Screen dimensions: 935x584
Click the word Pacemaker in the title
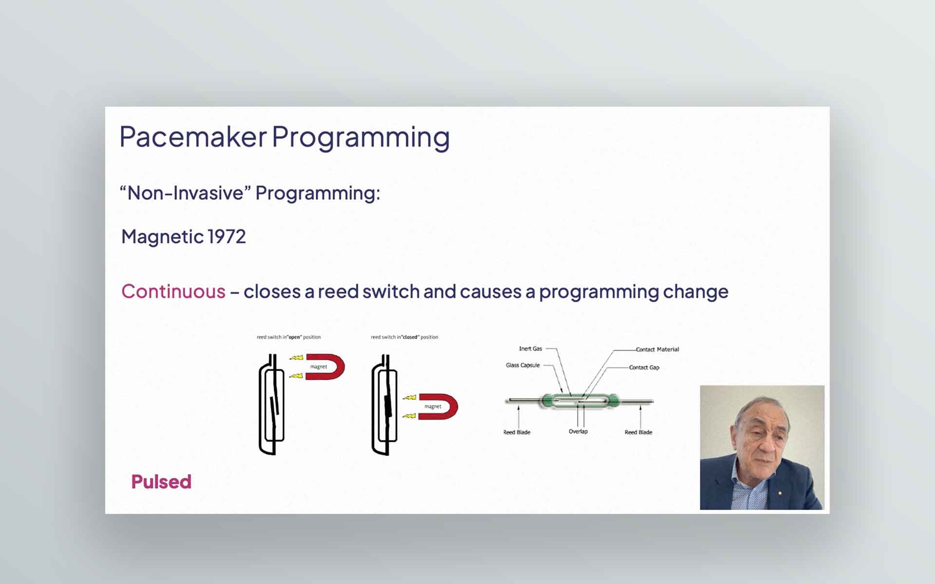click(x=193, y=137)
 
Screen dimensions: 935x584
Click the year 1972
click(x=227, y=237)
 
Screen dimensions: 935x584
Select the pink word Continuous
click(x=173, y=292)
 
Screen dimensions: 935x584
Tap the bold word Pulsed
click(x=161, y=482)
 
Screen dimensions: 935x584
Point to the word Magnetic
click(x=163, y=237)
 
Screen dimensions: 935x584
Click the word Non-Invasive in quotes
click(x=185, y=193)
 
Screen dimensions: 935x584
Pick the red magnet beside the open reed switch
click(x=325, y=367)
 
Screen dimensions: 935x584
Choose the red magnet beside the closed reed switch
click(x=438, y=406)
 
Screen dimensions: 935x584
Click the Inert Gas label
click(x=530, y=348)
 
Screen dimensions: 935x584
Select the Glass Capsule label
click(x=523, y=365)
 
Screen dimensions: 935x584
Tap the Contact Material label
click(x=657, y=349)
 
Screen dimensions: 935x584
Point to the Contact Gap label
click(x=644, y=367)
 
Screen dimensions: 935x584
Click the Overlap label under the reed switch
click(x=578, y=432)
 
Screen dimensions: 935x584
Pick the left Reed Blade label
click(x=517, y=432)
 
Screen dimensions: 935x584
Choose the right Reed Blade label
click(x=638, y=432)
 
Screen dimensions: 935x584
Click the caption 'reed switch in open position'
click(x=289, y=337)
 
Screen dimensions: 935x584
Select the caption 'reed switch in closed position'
click(x=404, y=337)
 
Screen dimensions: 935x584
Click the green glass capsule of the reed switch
click(x=580, y=401)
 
